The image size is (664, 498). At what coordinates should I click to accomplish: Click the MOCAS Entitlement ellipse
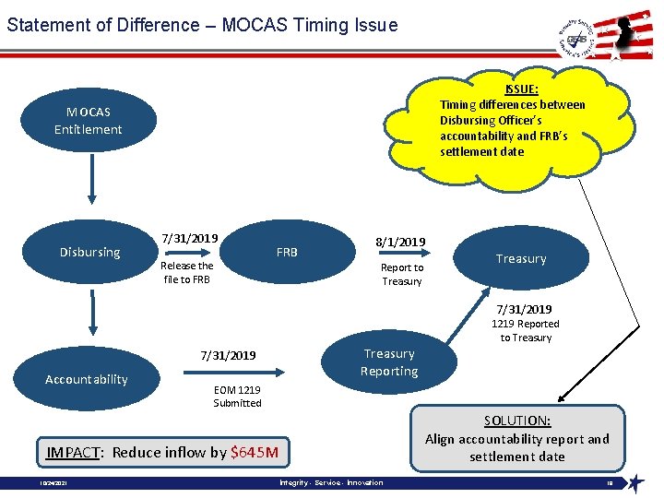89,121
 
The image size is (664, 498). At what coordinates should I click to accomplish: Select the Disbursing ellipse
89,252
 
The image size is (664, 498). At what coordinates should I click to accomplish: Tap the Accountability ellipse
87,379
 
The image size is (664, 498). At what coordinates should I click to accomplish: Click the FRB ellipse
287,252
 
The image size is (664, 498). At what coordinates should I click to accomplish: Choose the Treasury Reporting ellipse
388,362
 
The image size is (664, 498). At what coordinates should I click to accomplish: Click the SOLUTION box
516,438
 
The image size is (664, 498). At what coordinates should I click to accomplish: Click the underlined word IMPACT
74,452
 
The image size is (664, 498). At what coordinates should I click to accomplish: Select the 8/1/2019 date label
400,243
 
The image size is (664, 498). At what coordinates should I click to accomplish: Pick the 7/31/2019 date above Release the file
189,238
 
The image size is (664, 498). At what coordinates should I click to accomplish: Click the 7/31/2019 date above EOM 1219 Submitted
228,355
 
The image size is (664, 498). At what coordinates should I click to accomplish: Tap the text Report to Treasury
402,275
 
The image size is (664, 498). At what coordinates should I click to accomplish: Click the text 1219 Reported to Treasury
525,331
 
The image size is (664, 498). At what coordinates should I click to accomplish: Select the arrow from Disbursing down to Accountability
90,313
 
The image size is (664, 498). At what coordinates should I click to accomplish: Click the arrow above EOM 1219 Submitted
234,373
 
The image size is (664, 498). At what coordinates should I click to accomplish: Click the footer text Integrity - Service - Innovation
330,483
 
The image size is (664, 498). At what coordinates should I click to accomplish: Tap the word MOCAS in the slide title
255,25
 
